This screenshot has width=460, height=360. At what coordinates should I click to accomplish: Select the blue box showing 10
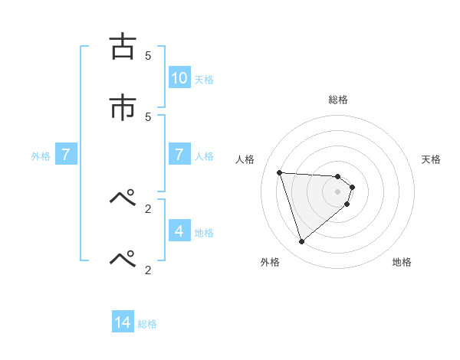pyautogui.click(x=179, y=78)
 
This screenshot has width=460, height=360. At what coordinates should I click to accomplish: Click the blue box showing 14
pyautogui.click(x=123, y=323)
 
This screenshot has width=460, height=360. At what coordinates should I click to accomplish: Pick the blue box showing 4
pyautogui.click(x=179, y=231)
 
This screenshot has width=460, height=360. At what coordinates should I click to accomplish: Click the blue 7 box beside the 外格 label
pyautogui.click(x=66, y=155)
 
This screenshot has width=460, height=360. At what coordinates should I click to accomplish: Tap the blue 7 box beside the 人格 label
pyautogui.click(x=179, y=155)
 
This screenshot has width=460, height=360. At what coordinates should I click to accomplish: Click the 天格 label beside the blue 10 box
pyautogui.click(x=204, y=80)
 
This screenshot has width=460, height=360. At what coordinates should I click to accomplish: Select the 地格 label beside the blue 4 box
pyautogui.click(x=204, y=233)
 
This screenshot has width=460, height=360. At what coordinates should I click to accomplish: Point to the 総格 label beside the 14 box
pyautogui.click(x=147, y=325)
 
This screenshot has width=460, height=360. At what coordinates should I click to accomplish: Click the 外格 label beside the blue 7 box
pyautogui.click(x=41, y=156)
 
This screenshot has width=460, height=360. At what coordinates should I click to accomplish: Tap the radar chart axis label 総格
pyautogui.click(x=338, y=100)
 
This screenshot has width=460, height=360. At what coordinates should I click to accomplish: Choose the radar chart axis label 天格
pyautogui.click(x=432, y=159)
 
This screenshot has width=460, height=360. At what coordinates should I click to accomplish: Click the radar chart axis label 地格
pyautogui.click(x=402, y=262)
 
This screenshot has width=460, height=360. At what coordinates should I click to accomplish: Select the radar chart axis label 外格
pyautogui.click(x=270, y=262)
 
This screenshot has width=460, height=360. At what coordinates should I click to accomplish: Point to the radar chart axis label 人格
pyautogui.click(x=245, y=159)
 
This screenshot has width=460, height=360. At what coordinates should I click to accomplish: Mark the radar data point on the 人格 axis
pyautogui.click(x=280, y=172)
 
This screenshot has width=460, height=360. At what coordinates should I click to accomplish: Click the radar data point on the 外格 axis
pyautogui.click(x=301, y=242)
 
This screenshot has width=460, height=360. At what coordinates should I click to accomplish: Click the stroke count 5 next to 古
pyautogui.click(x=148, y=55)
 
